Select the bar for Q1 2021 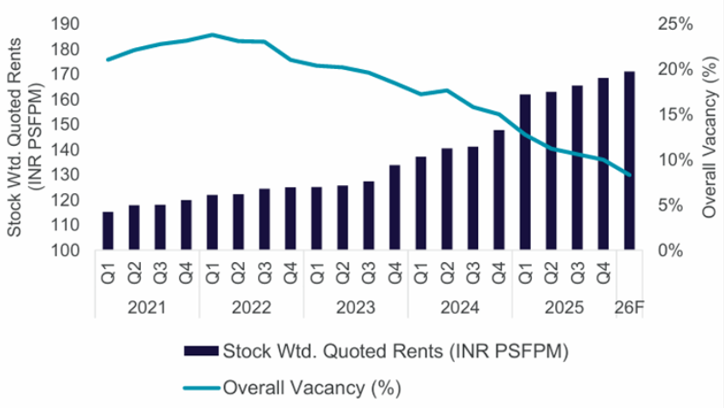108,231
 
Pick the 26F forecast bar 629,161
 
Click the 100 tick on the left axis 64,251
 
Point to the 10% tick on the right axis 674,160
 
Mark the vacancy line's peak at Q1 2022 212,35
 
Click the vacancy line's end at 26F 629,175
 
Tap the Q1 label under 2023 316,275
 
